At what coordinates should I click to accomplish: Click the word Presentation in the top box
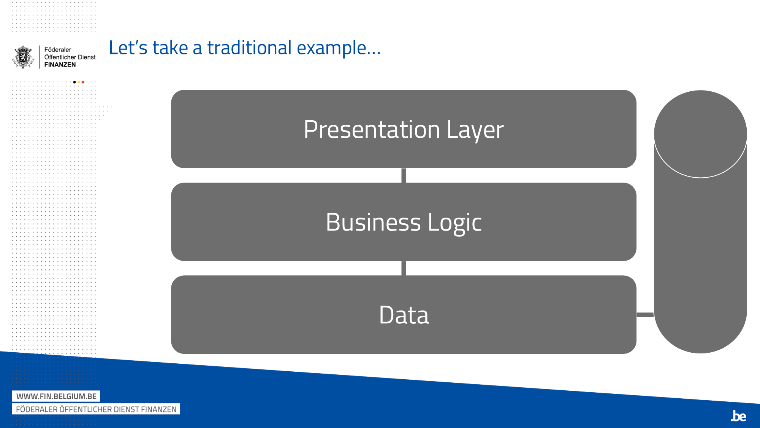(372, 129)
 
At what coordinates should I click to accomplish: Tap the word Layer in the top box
(475, 130)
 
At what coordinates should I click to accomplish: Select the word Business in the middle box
(373, 222)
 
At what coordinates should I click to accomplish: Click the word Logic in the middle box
(454, 223)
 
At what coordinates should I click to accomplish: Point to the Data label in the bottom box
(404, 315)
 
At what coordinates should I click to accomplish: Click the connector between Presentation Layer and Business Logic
(404, 175)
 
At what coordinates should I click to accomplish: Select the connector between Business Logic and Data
(404, 268)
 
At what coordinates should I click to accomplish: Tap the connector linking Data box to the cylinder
(645, 315)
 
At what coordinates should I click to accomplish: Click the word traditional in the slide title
(249, 48)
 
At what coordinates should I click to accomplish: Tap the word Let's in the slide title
(128, 48)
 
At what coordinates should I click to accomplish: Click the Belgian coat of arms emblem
(23, 57)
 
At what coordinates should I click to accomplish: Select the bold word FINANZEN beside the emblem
(60, 65)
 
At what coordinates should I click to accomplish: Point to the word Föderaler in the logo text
(58, 49)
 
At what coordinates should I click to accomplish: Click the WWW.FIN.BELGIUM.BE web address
(56, 396)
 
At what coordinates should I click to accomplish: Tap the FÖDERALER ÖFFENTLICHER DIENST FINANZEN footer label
(96, 409)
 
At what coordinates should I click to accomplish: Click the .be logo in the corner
(738, 416)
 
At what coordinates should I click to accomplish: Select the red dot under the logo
(83, 82)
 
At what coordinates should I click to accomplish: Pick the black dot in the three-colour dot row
(74, 82)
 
